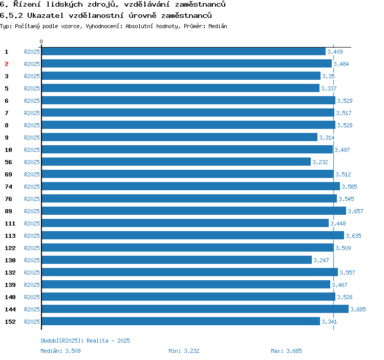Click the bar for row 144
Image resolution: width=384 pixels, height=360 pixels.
(x=195, y=309)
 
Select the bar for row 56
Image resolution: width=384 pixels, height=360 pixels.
(x=176, y=162)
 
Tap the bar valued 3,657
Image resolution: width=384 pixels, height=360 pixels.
(x=194, y=211)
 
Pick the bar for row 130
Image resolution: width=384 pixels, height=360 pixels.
(x=176, y=260)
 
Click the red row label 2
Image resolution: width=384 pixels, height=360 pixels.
(x=7, y=64)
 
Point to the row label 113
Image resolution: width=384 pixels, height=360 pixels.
(x=10, y=236)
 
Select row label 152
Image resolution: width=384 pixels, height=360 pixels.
(x=10, y=322)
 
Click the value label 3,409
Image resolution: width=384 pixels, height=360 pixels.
(x=335, y=52)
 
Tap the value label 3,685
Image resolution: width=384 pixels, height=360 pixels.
(x=358, y=309)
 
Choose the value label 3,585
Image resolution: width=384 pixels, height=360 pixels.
(x=349, y=187)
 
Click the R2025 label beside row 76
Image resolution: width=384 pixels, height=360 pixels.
(x=32, y=199)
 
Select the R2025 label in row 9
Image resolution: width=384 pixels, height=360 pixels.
(x=32, y=138)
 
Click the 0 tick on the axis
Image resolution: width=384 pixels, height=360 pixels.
(x=41, y=41)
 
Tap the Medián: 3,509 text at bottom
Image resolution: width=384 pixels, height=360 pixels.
(x=60, y=351)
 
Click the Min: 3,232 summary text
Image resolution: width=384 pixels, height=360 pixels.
(x=184, y=351)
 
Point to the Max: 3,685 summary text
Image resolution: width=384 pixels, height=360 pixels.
(x=286, y=351)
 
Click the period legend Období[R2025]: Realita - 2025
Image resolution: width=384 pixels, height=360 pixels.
(x=86, y=341)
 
